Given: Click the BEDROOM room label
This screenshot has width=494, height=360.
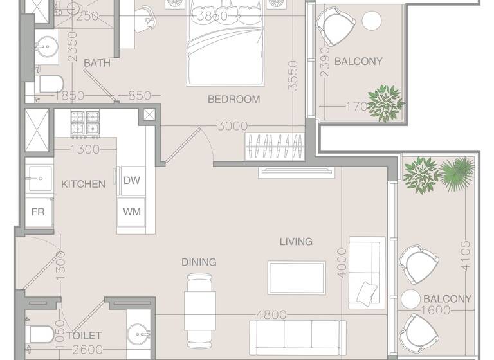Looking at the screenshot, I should (233, 99).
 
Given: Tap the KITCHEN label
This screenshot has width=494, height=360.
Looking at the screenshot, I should (83, 184).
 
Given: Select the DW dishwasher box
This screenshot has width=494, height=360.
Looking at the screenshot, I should (132, 181).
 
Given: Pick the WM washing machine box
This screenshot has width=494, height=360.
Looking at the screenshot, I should (132, 211).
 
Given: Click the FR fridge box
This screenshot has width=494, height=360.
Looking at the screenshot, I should (38, 211).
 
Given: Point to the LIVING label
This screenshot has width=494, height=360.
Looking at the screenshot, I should (296, 242).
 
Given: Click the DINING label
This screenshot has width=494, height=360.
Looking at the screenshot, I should (199, 262).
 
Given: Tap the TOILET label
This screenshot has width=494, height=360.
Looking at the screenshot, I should (84, 336).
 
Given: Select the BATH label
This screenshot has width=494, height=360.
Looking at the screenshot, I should (97, 63).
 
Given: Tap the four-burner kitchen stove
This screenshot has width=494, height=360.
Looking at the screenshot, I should (85, 123).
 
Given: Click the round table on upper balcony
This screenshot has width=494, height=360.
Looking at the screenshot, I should (372, 21).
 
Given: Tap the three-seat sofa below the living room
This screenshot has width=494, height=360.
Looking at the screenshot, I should (297, 334).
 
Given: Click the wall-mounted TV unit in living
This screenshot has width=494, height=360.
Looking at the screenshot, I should (297, 172).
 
